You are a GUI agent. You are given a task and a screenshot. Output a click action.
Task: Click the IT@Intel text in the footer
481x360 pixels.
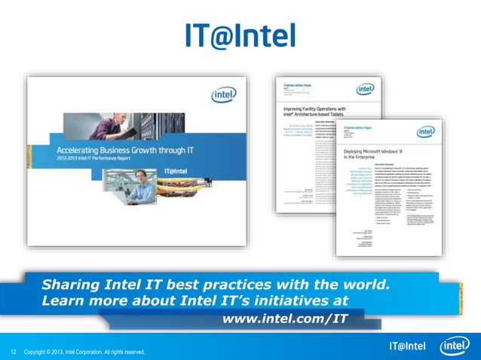(407, 346)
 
